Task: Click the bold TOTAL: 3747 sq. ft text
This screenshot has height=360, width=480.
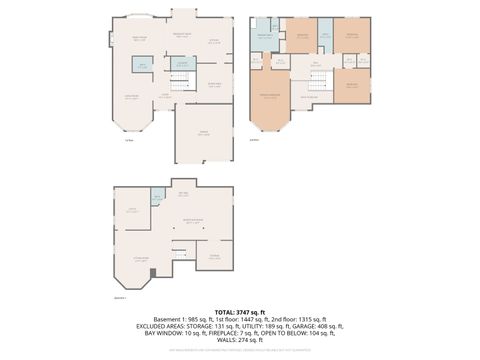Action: (240, 309)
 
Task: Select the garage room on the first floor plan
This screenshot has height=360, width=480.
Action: (204, 133)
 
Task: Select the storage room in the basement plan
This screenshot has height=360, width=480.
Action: (213, 257)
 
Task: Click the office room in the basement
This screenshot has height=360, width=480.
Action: (132, 212)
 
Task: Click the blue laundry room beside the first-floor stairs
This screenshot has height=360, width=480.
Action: (181, 65)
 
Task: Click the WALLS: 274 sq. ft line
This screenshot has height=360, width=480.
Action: (240, 343)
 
